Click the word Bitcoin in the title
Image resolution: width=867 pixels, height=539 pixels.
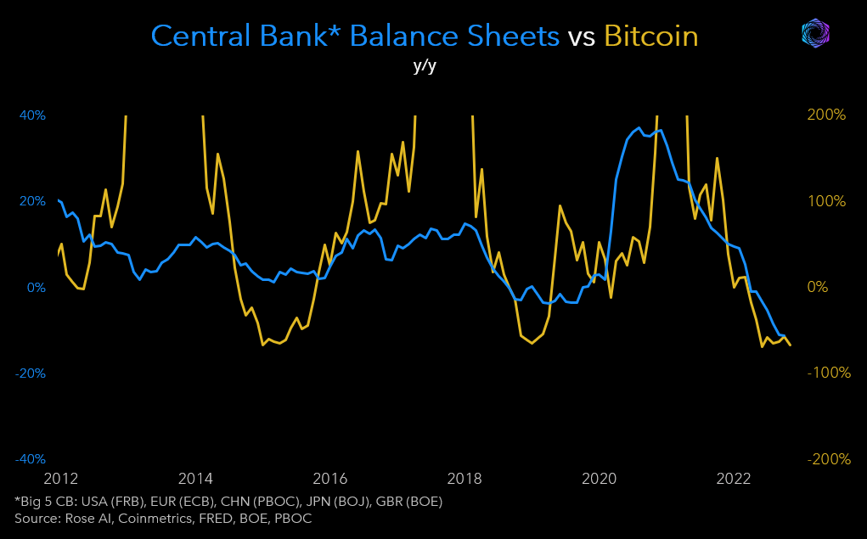click(650, 36)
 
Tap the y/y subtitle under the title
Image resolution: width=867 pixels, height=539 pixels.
click(425, 66)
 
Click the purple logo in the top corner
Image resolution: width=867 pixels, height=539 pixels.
click(816, 33)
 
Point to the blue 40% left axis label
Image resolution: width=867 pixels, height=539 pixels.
click(32, 115)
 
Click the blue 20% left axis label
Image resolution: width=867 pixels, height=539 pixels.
click(32, 201)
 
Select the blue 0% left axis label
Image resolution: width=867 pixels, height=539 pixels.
click(36, 287)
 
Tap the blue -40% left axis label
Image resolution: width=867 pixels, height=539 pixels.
click(31, 459)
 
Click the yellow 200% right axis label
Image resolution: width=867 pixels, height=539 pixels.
click(827, 115)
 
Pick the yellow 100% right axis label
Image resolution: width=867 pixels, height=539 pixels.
click(827, 201)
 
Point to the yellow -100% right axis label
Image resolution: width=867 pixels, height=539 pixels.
click(825, 373)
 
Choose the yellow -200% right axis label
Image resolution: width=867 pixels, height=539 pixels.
click(825, 459)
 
